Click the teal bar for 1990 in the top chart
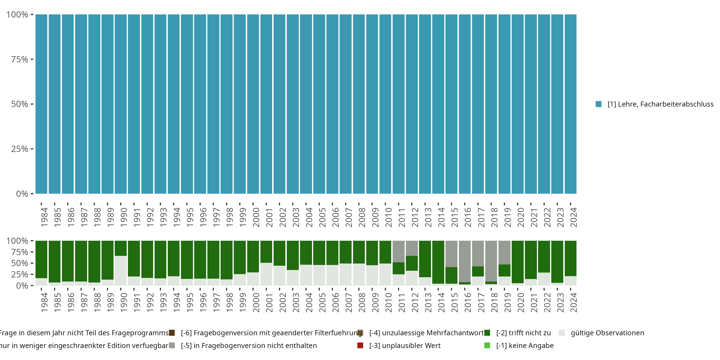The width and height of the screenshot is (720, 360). pyautogui.click(x=121, y=104)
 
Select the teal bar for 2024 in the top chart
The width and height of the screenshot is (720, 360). pyautogui.click(x=570, y=104)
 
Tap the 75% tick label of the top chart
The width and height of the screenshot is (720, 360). pyautogui.click(x=20, y=59)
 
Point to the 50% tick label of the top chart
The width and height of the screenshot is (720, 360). pyautogui.click(x=20, y=104)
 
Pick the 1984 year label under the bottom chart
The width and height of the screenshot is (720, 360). pyautogui.click(x=44, y=302)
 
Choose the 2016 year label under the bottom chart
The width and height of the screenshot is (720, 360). pyautogui.click(x=468, y=302)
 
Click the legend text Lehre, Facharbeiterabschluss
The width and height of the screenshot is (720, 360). pyautogui.click(x=660, y=104)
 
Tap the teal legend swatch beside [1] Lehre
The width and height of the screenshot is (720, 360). pyautogui.click(x=598, y=104)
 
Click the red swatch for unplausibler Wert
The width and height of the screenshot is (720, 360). pyautogui.click(x=360, y=345)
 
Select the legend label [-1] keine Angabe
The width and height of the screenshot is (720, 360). pyautogui.click(x=525, y=345)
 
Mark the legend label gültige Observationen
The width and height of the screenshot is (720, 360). pyautogui.click(x=607, y=333)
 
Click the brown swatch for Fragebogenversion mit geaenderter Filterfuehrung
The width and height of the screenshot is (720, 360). pyautogui.click(x=172, y=333)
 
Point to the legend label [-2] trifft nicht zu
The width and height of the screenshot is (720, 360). pyautogui.click(x=523, y=333)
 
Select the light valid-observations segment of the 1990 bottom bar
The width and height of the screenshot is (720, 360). pyautogui.click(x=121, y=270)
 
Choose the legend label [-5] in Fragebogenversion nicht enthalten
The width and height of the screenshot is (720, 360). pyautogui.click(x=249, y=345)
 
